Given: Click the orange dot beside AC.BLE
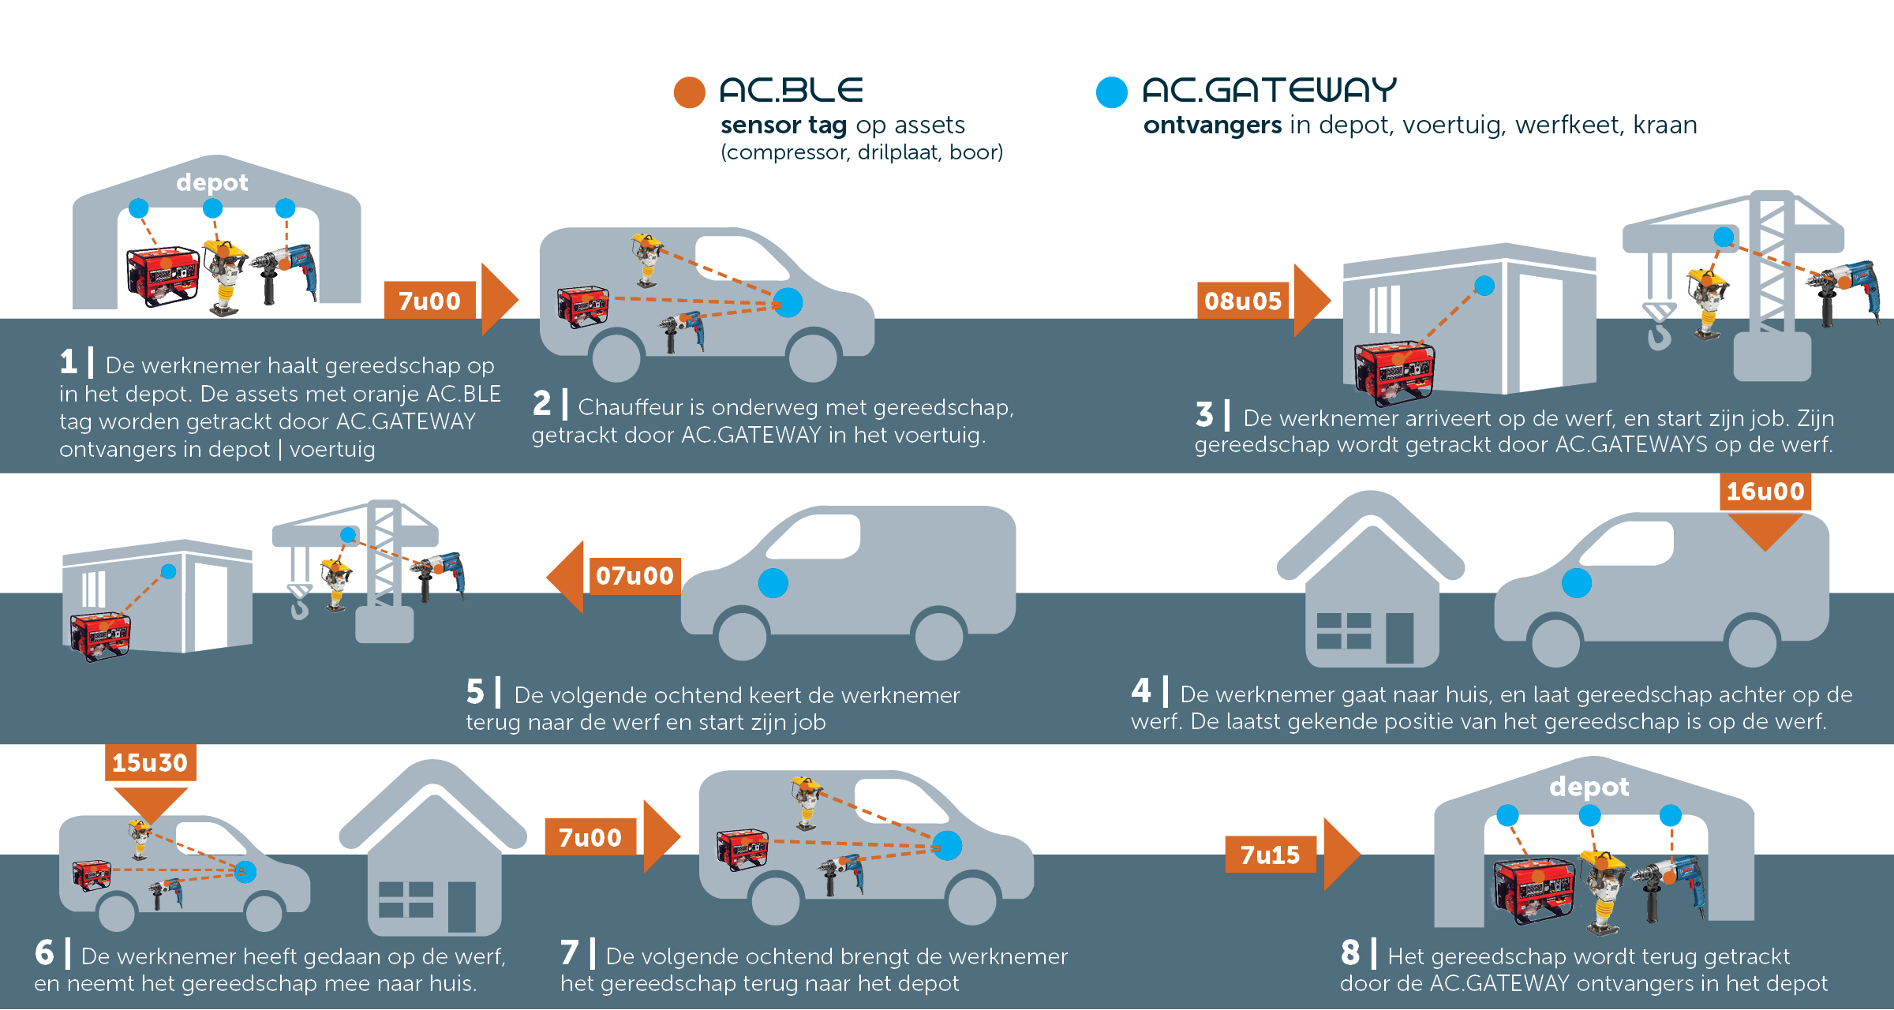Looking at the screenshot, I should click(689, 92).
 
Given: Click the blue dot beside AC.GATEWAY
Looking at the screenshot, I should click(1112, 92).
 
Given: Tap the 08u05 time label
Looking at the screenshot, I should click(1243, 301).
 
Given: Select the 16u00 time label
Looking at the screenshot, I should click(1765, 492).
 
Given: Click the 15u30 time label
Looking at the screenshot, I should click(150, 763).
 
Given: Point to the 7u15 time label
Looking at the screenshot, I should click(1270, 855).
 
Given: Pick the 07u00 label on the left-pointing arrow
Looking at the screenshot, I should click(634, 576).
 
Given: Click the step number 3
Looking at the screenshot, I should click(1204, 415).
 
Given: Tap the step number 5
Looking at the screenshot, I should click(474, 692).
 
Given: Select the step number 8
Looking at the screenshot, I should click(1350, 953).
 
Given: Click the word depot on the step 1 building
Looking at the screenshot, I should click(211, 183).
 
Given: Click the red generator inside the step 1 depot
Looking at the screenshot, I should click(163, 275).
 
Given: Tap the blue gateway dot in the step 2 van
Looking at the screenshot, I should click(788, 302).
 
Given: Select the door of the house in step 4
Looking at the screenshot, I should click(1400, 638).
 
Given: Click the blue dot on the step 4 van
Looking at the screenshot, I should click(1577, 583).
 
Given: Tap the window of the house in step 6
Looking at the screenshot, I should click(406, 899).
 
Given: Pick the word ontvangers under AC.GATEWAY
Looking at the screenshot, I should click(1212, 125).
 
